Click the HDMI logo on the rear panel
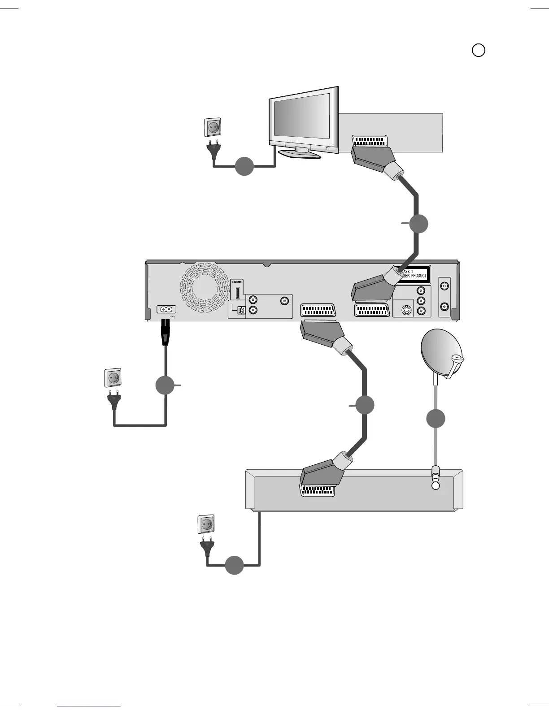237,281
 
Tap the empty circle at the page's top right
479,50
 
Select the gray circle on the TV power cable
244,166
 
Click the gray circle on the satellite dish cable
436,419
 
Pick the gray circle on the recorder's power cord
165,385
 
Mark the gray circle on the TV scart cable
418,224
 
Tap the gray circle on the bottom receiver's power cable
234,565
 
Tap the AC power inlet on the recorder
166,309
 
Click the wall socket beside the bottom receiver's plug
206,524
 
